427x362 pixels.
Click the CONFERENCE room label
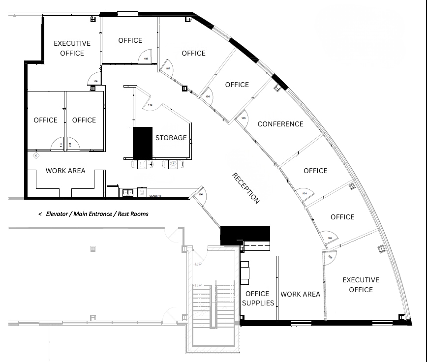(x=280, y=124)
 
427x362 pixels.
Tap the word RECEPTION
(x=245, y=188)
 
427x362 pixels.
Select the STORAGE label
(x=171, y=138)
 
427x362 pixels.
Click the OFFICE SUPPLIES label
(x=258, y=299)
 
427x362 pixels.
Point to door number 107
(x=168, y=68)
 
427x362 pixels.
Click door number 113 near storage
(x=151, y=105)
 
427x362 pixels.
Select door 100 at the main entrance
(x=201, y=194)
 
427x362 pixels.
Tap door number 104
(x=305, y=193)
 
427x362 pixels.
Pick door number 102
(x=329, y=238)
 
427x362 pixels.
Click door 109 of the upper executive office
(x=95, y=81)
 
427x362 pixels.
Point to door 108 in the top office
(x=146, y=58)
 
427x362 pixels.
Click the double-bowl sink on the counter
(x=127, y=192)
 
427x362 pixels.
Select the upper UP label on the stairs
(x=198, y=265)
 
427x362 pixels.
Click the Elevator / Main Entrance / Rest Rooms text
(x=93, y=214)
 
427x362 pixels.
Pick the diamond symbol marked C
(x=36, y=155)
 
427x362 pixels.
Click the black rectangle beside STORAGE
(x=143, y=143)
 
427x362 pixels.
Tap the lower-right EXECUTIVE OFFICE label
(x=361, y=285)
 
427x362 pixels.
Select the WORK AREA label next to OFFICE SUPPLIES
(x=300, y=294)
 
